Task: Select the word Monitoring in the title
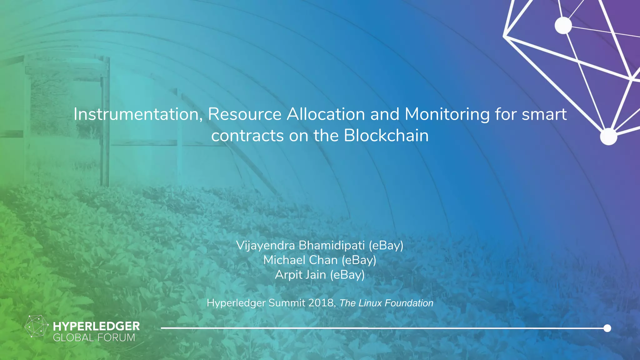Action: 447,114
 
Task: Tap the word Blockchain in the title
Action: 386,136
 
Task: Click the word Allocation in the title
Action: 326,114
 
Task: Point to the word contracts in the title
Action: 247,136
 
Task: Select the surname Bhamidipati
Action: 332,246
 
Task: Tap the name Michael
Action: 285,260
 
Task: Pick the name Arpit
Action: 289,275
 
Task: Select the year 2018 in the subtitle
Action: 321,303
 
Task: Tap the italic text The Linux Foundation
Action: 386,303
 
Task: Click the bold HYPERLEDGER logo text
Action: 96,327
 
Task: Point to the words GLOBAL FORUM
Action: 94,338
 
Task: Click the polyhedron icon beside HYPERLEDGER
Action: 36,326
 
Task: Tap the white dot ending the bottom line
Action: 607,328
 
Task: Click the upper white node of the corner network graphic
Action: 563,25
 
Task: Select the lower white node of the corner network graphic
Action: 608,137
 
